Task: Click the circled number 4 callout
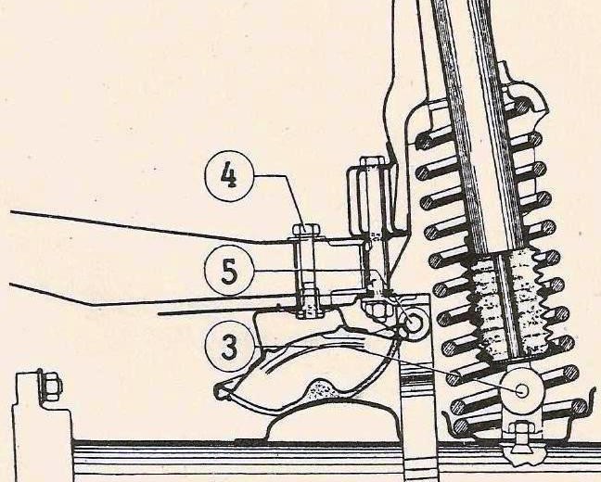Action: [230, 177]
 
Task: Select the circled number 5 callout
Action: [229, 271]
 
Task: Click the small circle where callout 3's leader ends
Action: [522, 390]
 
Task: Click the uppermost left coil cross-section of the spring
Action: [424, 141]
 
